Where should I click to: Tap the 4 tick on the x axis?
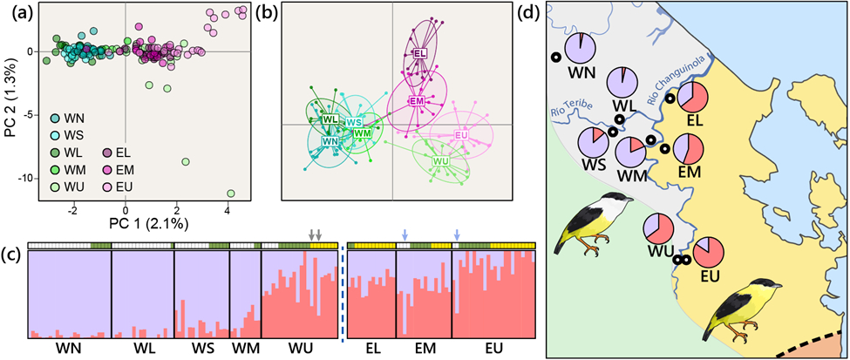228,212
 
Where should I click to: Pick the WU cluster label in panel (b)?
441,161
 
